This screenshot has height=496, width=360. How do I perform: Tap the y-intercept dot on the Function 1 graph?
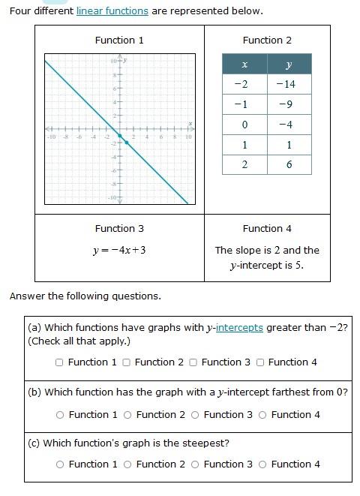(120, 136)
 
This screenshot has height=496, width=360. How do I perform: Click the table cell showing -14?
(289, 84)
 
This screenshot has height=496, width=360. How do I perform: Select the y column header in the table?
(289, 64)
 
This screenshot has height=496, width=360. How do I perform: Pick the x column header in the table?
(244, 64)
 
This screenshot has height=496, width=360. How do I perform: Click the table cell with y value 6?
(289, 164)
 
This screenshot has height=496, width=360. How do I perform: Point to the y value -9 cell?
(289, 104)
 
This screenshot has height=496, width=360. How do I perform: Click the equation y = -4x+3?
(119, 249)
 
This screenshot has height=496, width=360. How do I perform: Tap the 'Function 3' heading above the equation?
(119, 228)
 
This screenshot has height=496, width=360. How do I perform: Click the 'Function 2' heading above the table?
(267, 40)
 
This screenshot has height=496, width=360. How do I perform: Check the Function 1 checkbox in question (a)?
(59, 362)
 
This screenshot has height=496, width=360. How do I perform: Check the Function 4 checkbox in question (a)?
(260, 362)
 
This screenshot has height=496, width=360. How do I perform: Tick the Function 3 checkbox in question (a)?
(193, 362)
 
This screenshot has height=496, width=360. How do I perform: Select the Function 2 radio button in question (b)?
(127, 415)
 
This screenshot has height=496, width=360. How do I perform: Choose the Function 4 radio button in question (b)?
(262, 415)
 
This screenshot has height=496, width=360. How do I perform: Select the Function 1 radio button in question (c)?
(60, 464)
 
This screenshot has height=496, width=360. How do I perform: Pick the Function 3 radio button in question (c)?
(195, 464)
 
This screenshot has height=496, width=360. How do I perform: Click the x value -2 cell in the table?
(244, 84)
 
